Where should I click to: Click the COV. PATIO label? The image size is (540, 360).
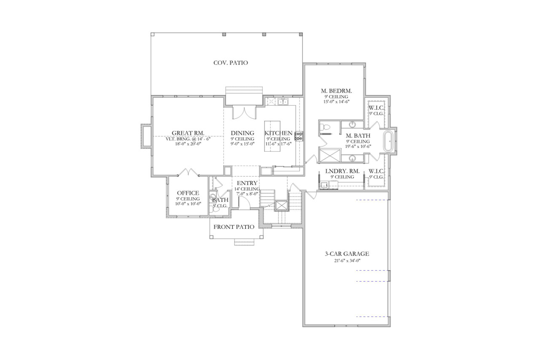[230, 63]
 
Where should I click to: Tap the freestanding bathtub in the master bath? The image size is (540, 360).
[389, 142]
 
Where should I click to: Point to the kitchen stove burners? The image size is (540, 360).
[299, 136]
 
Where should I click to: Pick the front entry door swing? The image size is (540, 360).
[244, 202]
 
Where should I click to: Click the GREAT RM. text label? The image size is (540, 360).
[188, 133]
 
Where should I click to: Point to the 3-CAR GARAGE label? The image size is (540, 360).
[347, 254]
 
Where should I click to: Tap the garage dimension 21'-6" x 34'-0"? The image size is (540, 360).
[347, 261]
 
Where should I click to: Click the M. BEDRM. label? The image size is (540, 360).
[336, 91]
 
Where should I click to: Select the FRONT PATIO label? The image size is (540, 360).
[234, 227]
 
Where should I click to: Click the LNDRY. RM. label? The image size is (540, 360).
[342, 171]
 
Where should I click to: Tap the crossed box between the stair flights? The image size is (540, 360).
[281, 205]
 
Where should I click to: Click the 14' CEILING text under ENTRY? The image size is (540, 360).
[247, 189]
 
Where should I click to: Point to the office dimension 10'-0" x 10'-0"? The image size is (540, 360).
[188, 204]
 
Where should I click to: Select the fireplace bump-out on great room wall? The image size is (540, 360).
[146, 136]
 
